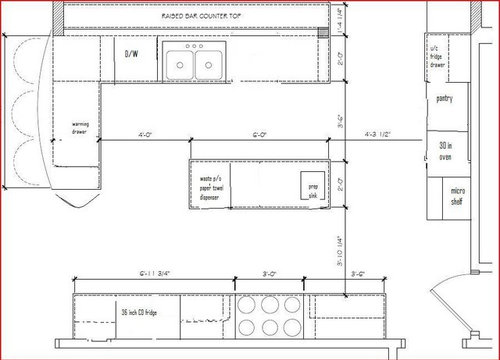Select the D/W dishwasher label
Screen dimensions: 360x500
tap(131, 53)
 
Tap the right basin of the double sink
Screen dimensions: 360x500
tap(209, 64)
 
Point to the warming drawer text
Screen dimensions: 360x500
tap(81, 127)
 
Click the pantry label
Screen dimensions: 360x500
tap(446, 99)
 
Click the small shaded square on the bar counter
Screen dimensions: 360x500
tap(322, 32)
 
